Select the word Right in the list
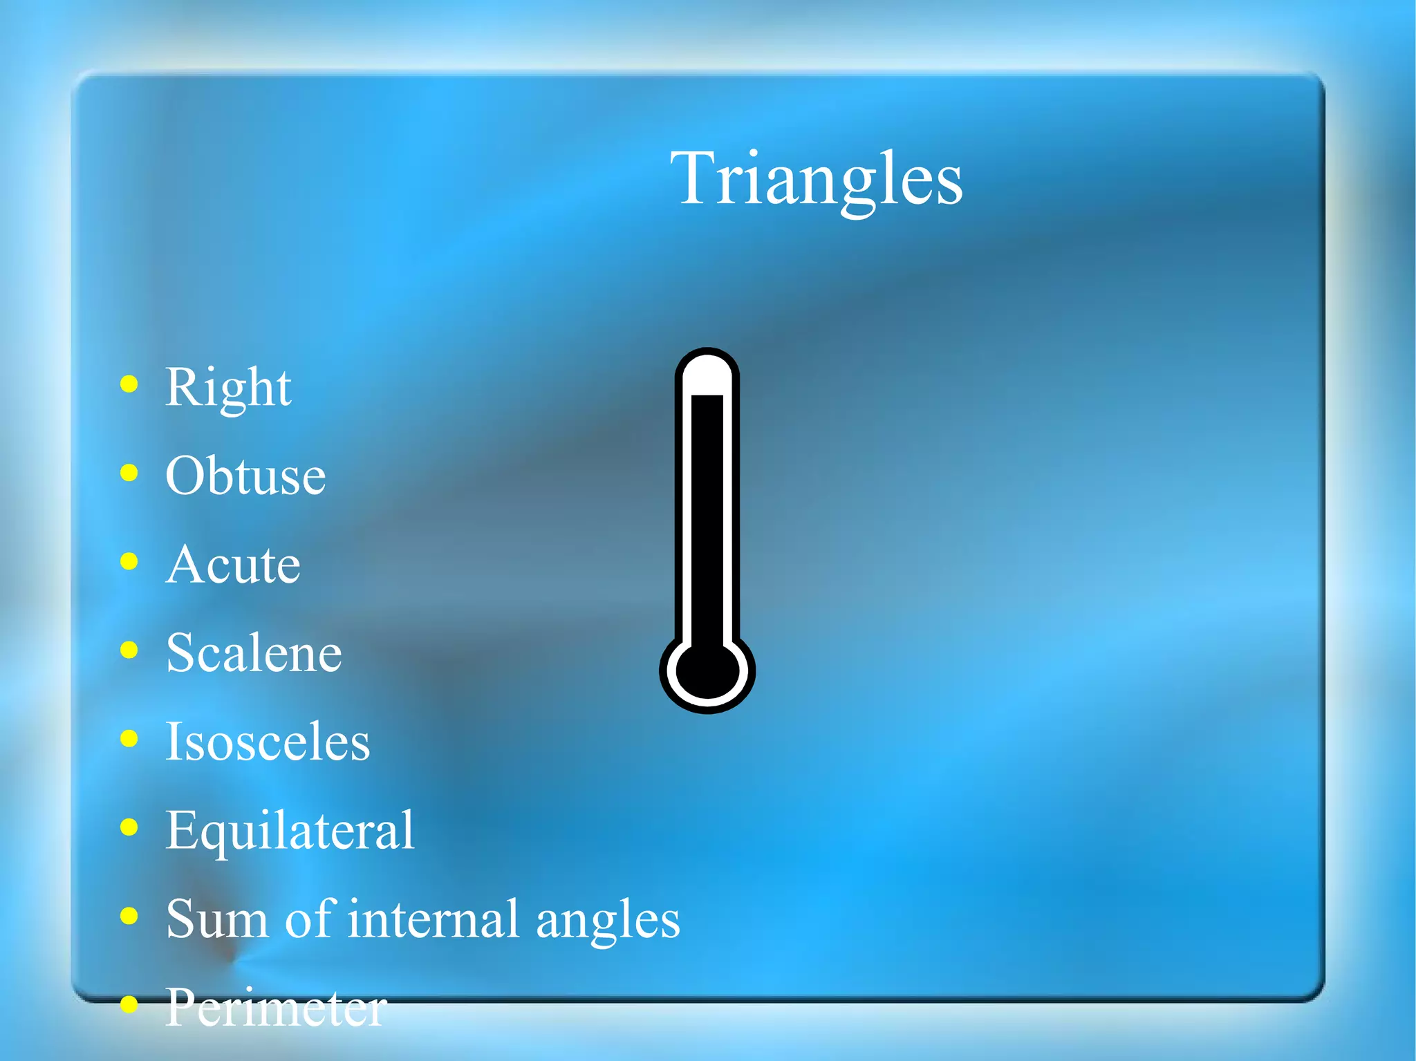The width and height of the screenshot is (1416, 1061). tap(228, 388)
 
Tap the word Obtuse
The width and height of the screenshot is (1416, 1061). tap(245, 476)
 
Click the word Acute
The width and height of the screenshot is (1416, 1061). tap(233, 565)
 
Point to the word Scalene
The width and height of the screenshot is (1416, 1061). tap(254, 653)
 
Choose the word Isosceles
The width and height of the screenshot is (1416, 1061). tap(268, 742)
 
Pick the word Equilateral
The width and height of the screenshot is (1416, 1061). tap(290, 830)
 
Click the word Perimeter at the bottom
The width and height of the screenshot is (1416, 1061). tap(276, 1008)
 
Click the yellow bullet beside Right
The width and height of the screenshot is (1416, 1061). tap(129, 384)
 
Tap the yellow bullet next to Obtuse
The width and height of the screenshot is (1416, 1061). tap(129, 473)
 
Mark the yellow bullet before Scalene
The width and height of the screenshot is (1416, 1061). tap(129, 650)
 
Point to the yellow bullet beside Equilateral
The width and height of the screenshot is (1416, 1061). tap(129, 827)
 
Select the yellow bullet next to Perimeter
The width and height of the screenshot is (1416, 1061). tap(129, 1004)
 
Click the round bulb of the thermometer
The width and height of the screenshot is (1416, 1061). tap(707, 672)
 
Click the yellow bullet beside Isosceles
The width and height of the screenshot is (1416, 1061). tap(129, 738)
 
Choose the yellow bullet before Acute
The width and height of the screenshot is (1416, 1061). tap(129, 561)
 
